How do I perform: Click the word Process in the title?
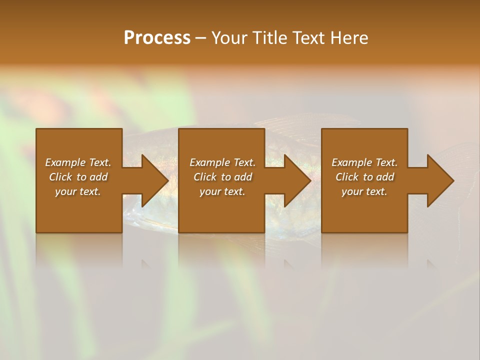(x=157, y=38)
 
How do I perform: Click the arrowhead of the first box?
(x=154, y=180)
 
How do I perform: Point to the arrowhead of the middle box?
(x=297, y=180)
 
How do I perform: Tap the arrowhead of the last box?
(x=440, y=180)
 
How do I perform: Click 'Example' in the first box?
(x=65, y=162)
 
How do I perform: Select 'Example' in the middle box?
(x=210, y=162)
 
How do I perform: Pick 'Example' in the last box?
(x=352, y=162)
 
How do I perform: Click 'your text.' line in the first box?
(x=78, y=191)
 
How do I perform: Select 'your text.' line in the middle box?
(x=222, y=191)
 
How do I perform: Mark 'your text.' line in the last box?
(x=364, y=191)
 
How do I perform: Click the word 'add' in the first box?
(x=98, y=177)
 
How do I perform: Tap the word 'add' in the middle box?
(x=243, y=177)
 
